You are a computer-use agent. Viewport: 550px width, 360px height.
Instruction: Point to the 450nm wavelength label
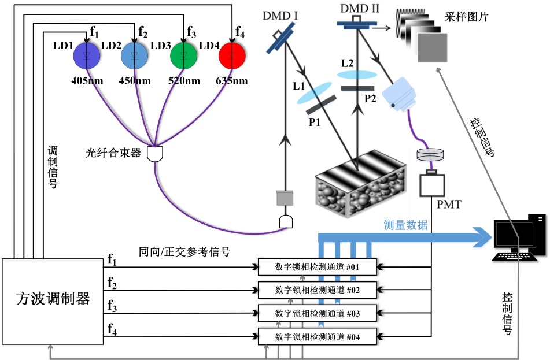(135, 80)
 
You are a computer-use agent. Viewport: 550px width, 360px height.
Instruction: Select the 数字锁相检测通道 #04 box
(317, 336)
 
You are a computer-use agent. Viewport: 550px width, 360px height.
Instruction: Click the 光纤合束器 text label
(113, 154)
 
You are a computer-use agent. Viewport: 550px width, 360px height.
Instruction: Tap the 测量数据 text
(405, 225)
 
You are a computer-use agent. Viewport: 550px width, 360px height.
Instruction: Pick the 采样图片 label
(467, 17)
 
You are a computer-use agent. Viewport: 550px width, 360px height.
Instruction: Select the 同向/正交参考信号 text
(184, 251)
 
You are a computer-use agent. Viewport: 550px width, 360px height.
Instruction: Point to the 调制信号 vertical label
(53, 168)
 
